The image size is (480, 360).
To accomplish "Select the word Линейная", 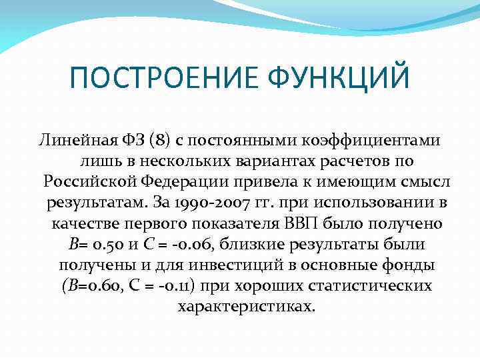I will click(72, 141).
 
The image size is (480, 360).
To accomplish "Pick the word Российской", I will click(89, 182).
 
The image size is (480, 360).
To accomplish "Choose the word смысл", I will click(414, 182).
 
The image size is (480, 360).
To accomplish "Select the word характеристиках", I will click(245, 307).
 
